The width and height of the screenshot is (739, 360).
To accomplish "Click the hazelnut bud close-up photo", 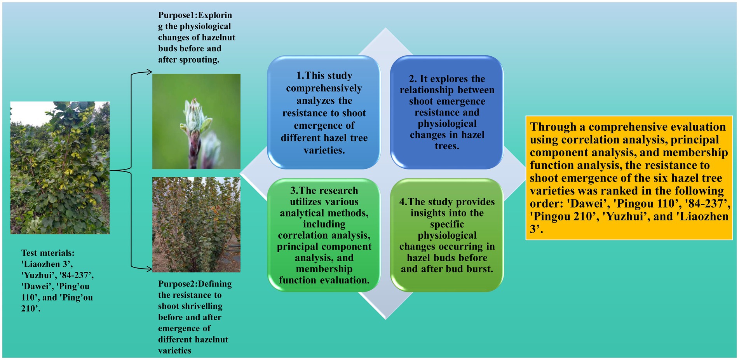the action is pos(196,121).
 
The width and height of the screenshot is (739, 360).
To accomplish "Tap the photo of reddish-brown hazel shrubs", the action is pos(196,225).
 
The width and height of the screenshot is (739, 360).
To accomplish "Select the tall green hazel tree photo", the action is pos(60,168).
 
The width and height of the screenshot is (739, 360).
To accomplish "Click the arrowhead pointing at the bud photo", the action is pos(148,72).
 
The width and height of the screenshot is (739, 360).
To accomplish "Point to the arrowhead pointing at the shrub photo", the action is pos(148,268).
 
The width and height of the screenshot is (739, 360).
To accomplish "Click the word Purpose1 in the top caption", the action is pos(176,15).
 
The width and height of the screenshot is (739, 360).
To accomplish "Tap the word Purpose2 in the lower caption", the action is pos(176,284).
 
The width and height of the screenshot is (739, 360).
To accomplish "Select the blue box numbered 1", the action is pos(324,112).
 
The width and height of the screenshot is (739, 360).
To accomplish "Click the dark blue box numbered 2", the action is pos(447,112).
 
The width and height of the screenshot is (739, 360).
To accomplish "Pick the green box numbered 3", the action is pos(324,235).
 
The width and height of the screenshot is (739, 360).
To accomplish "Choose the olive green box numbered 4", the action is pos(447,235).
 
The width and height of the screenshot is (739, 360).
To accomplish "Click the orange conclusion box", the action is pos(629,178).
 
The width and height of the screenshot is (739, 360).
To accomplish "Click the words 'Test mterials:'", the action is pos(48,253).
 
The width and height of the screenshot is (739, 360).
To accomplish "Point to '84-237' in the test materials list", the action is pos(77,275).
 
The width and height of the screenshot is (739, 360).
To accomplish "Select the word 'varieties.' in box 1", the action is pos(324,150).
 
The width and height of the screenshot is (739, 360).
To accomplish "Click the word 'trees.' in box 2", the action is pos(447,146).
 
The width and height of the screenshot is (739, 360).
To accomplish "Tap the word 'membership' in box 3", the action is pos(324,269).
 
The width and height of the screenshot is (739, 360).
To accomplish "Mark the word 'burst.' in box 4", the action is pos(480,269).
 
